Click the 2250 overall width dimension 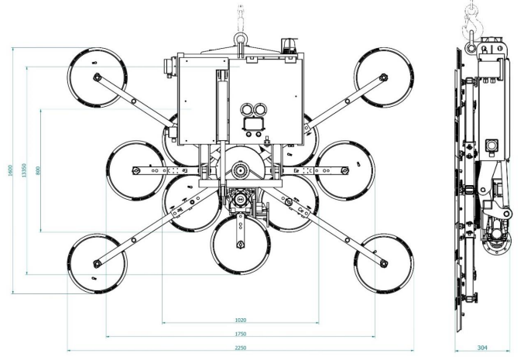point(240,348)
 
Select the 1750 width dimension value point(240,334)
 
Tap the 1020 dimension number point(240,319)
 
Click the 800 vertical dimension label point(38,170)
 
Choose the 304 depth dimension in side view point(481,348)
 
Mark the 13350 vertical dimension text point(24,170)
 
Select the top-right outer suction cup point(384,77)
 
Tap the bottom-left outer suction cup point(97,263)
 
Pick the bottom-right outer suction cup point(384,263)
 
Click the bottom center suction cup point(241,245)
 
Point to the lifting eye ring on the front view point(241,35)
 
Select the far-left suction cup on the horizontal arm point(136,170)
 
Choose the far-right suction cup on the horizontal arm point(344,170)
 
